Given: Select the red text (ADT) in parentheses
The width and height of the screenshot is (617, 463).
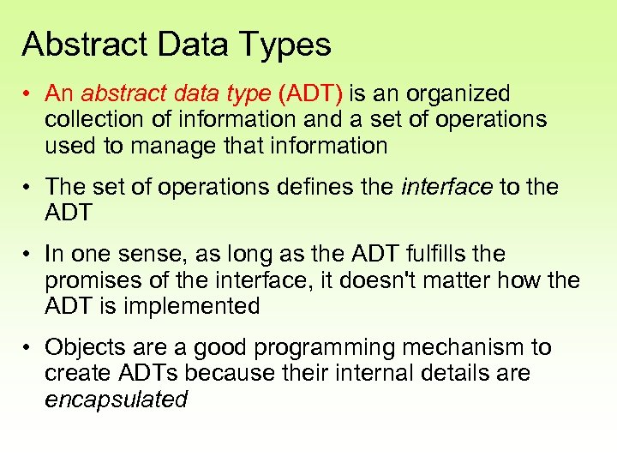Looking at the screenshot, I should [311, 93].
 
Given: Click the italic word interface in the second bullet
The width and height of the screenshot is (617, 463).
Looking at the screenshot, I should [446, 186].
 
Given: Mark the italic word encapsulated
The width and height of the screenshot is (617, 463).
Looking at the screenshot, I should [116, 399].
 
